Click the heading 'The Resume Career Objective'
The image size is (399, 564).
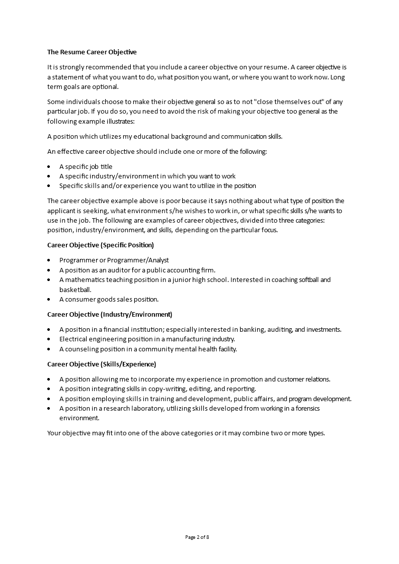(92, 52)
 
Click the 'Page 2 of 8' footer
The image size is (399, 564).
(197, 537)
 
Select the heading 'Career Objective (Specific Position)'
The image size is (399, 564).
(100, 245)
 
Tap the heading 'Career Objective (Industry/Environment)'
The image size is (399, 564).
(109, 315)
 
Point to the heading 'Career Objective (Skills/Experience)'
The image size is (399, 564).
(102, 364)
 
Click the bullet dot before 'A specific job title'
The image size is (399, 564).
(49, 167)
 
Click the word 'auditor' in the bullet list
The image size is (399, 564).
(112, 270)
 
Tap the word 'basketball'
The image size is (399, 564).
(74, 290)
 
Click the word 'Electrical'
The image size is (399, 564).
(74, 339)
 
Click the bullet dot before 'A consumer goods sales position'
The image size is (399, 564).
(49, 300)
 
